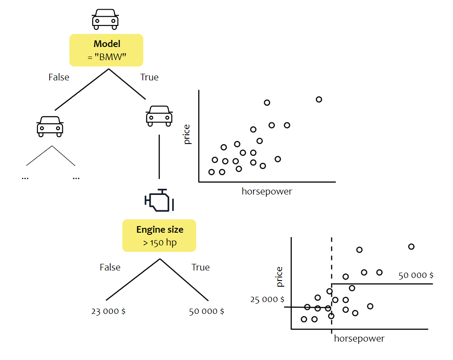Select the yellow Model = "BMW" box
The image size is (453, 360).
(x=107, y=50)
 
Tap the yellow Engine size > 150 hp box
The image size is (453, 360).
(x=159, y=236)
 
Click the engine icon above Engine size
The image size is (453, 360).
(x=159, y=202)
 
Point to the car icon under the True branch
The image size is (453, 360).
(x=159, y=115)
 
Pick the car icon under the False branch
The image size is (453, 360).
(x=50, y=126)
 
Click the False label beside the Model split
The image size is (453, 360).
(x=59, y=77)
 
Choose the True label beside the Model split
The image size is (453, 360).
(x=149, y=77)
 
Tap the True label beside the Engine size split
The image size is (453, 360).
(x=200, y=267)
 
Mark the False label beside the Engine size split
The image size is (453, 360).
(x=110, y=267)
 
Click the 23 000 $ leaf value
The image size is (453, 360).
(x=109, y=312)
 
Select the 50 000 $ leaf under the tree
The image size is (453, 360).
(x=207, y=312)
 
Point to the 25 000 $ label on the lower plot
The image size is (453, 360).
(x=267, y=299)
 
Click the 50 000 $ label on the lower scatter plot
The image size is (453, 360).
(x=416, y=276)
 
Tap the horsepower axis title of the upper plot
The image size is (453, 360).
(x=267, y=191)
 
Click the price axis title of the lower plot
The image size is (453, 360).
(x=279, y=277)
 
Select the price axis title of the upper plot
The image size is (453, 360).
(x=187, y=134)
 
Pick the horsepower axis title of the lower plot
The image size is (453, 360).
(x=359, y=338)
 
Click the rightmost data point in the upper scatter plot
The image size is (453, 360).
(x=319, y=100)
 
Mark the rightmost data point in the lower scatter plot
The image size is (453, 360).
(x=411, y=247)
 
